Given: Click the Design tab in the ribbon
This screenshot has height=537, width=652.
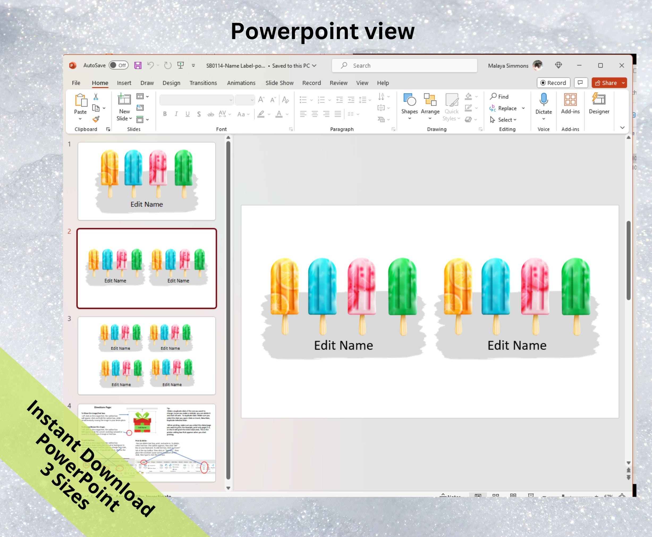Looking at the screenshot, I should point(171,83).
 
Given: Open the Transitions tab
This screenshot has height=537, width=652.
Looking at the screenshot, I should point(203,83).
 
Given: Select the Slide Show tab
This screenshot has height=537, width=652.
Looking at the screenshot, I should point(279,83).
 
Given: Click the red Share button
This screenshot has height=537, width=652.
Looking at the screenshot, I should point(606,83).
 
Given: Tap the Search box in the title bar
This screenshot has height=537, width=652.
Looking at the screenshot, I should point(404,66).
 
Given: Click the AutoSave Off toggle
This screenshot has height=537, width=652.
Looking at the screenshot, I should point(118,65).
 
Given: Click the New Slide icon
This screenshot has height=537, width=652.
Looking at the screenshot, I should point(124,100).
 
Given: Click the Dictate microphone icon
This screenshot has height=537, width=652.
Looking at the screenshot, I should point(544,100).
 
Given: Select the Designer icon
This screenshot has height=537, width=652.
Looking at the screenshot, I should point(599,100).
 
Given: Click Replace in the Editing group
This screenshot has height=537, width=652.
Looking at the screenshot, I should point(507,108).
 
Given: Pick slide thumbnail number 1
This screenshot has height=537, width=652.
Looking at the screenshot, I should point(147,181).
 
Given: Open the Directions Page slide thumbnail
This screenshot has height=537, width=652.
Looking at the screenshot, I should point(147,443).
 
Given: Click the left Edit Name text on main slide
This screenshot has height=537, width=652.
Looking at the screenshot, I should point(344,345).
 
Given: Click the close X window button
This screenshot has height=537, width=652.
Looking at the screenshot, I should point(622,66).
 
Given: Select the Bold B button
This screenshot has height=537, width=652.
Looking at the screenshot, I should point(165,114).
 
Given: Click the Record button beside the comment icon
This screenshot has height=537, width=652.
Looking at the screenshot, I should point(553,83).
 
